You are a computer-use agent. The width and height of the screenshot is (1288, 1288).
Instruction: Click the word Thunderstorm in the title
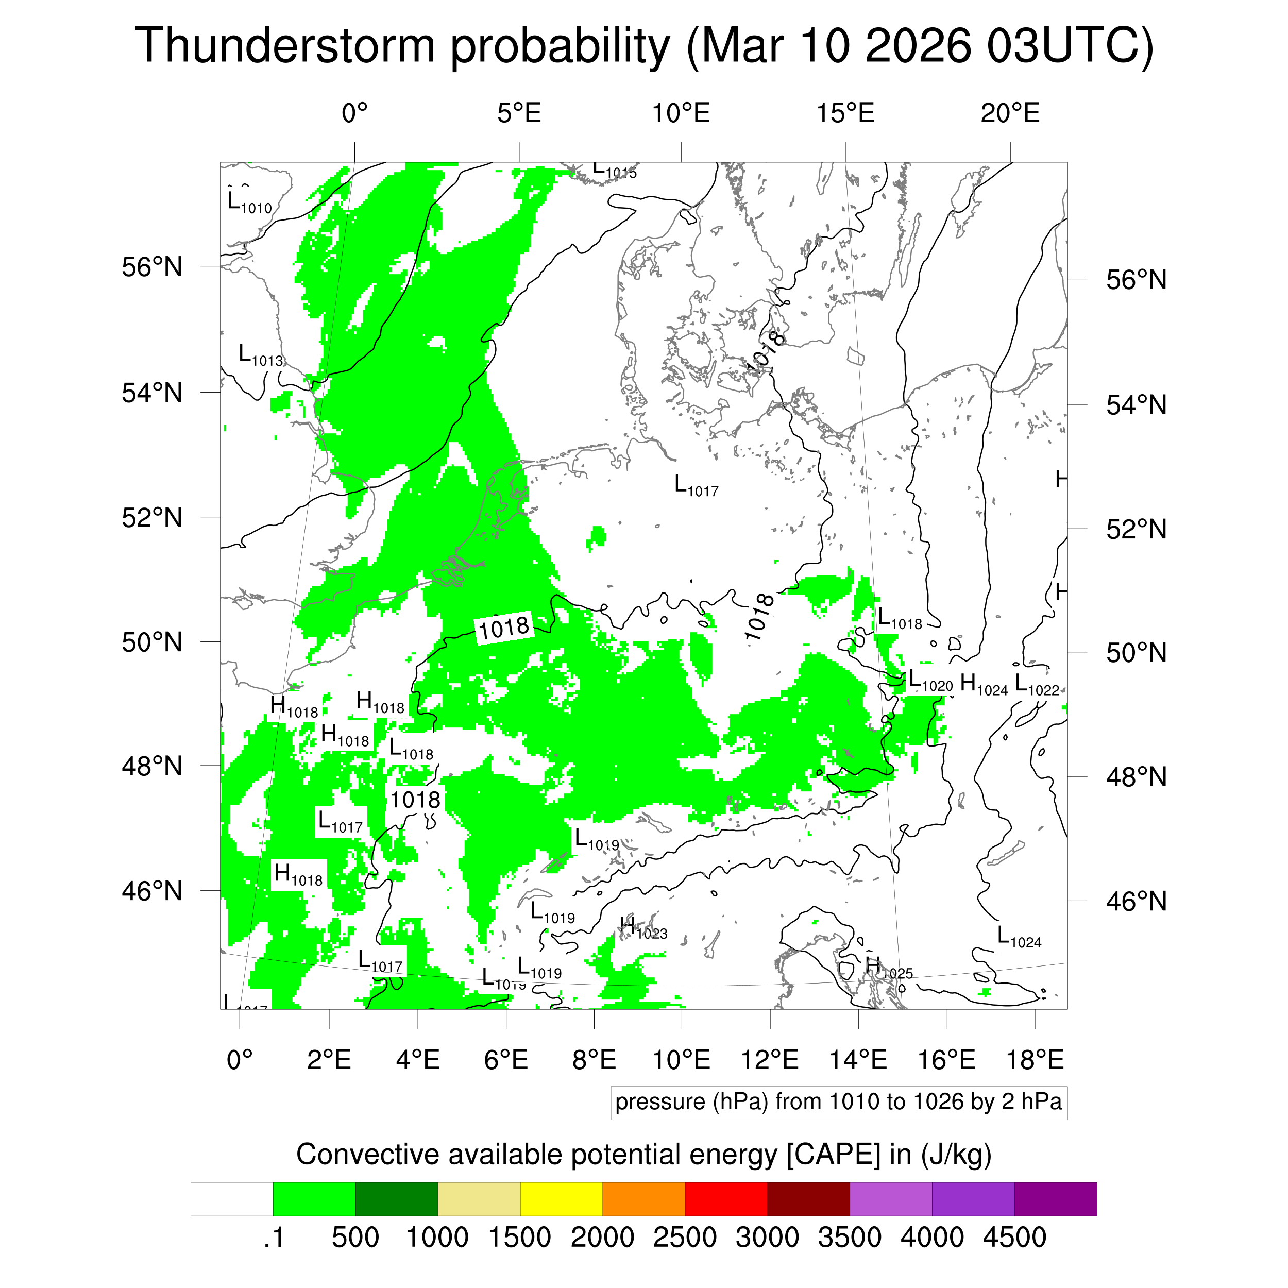point(285,47)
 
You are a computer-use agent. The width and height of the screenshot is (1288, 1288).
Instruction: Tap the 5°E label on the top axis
point(519,114)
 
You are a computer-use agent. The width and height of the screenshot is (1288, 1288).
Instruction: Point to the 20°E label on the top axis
point(1009,114)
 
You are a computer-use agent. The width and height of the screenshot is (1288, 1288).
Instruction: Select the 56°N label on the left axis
point(152,267)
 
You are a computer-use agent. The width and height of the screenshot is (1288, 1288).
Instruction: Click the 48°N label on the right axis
point(1136,777)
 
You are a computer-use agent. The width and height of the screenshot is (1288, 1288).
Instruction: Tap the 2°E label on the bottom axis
point(329,1060)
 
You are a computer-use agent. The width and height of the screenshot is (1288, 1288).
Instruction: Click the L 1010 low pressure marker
point(249,202)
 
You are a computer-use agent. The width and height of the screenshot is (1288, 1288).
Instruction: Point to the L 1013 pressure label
point(261,355)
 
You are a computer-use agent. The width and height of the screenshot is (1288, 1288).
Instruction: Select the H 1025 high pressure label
point(889,968)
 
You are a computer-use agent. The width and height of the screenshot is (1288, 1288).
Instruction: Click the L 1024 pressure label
point(1018,937)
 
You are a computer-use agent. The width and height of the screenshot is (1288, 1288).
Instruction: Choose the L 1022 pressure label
point(1036,685)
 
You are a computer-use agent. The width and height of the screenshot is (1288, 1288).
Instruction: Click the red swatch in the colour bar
point(725,1199)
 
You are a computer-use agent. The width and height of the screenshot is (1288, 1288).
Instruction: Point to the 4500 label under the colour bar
point(1014,1238)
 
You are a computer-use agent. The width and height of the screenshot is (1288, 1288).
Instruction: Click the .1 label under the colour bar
point(274,1238)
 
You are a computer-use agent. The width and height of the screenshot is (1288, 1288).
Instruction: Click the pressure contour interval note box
point(838,1102)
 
